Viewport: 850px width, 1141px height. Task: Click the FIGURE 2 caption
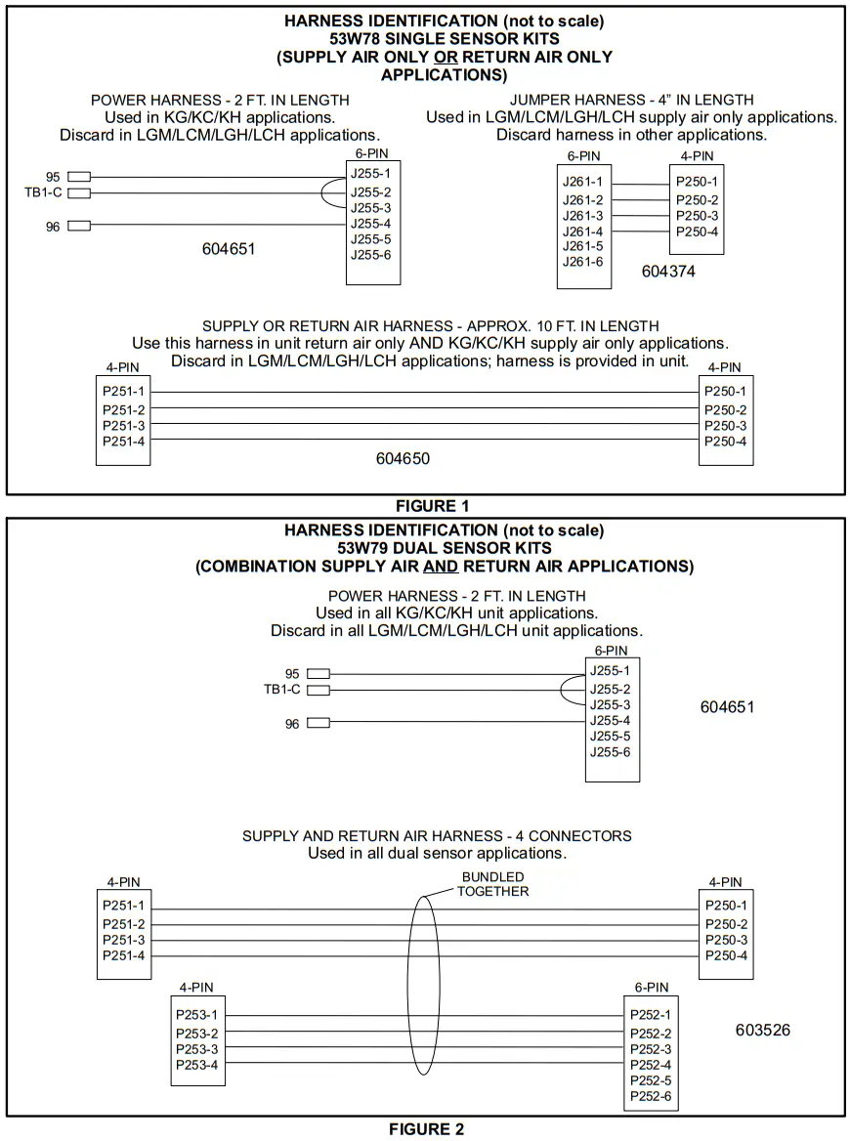click(x=427, y=1129)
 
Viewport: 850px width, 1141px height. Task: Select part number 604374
click(x=668, y=272)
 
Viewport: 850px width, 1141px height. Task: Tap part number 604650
click(x=403, y=458)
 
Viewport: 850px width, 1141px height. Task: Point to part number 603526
click(x=762, y=1030)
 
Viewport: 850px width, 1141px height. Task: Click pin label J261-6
click(x=582, y=262)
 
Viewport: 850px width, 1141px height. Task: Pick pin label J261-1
click(x=582, y=182)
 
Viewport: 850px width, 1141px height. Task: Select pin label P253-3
click(x=196, y=1049)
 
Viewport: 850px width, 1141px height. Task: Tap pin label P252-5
click(x=651, y=1080)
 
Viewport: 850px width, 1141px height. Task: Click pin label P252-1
click(x=651, y=1016)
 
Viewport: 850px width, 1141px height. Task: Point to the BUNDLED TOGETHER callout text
click(x=493, y=884)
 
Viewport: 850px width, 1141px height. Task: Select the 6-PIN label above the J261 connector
click(x=583, y=156)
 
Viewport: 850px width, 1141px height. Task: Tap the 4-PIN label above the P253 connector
click(x=196, y=988)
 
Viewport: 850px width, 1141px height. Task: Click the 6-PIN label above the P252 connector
click(x=651, y=988)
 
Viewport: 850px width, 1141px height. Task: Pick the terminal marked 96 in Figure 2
click(x=318, y=724)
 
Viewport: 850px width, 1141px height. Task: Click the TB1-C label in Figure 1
click(x=43, y=192)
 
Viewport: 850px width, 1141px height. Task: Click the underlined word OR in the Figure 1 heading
click(x=446, y=57)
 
